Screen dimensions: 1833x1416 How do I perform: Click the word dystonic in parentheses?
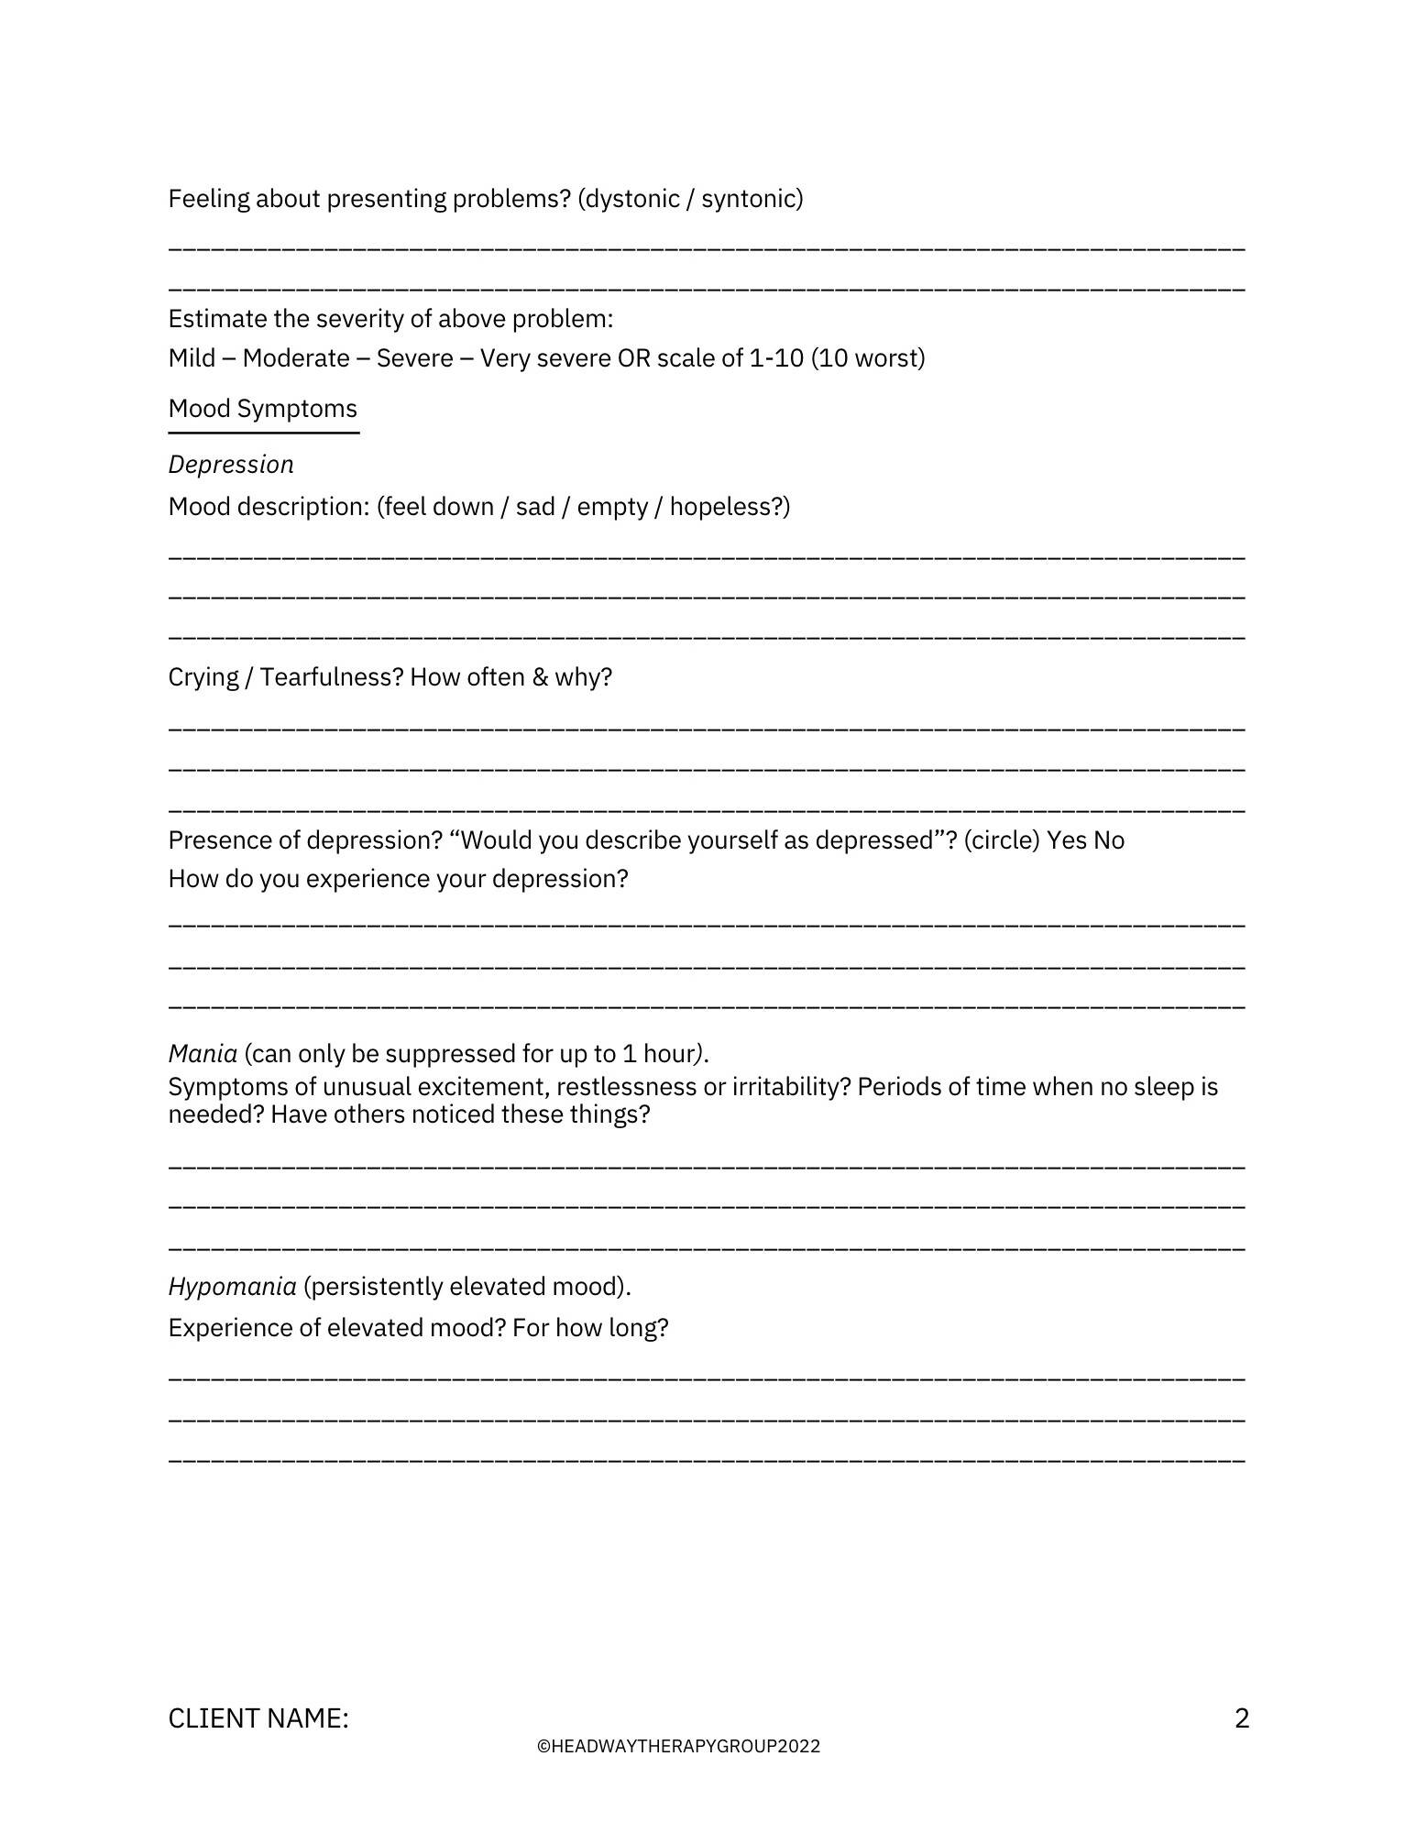coord(631,199)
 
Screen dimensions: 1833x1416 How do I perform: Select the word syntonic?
coord(748,199)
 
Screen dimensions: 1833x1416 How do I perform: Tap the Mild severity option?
coord(192,358)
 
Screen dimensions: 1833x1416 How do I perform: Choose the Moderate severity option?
coord(295,358)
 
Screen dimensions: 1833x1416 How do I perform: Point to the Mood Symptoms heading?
coord(263,409)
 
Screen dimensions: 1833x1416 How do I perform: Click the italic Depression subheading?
coord(231,465)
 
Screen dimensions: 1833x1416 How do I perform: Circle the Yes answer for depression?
coord(1067,840)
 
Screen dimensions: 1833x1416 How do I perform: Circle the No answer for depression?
coord(1109,840)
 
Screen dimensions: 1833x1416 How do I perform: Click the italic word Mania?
coord(203,1054)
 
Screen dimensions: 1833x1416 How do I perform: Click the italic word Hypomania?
coord(232,1287)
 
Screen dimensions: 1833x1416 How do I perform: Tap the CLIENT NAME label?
coord(258,1718)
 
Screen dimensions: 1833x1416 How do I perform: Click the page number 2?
coord(1242,1718)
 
